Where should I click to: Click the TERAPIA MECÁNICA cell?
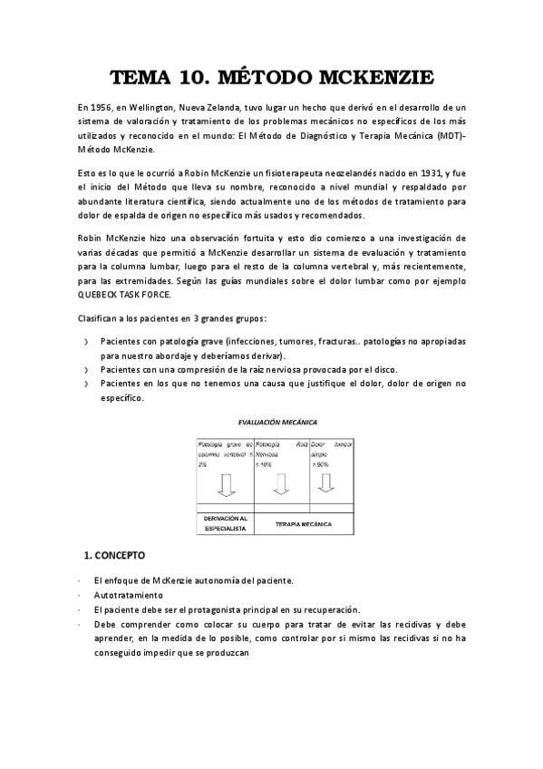304,524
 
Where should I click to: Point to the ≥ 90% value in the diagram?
320,462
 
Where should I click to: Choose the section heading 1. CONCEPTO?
114,554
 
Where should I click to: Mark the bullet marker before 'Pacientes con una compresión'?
85,370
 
